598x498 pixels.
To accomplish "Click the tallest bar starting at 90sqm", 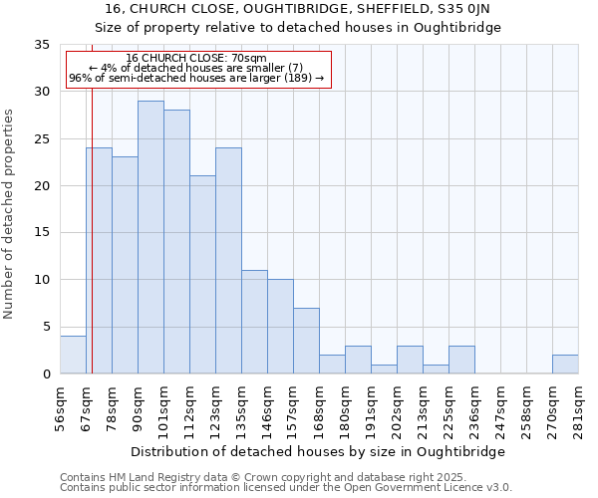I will pyautogui.click(x=150, y=237).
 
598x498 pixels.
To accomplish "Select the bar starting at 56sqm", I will pyautogui.click(x=73, y=355).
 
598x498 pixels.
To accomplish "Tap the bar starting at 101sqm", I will pyautogui.click(x=176, y=242).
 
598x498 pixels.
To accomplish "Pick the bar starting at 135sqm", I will pyautogui.click(x=254, y=322).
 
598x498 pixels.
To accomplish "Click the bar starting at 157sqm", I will pyautogui.click(x=306, y=341).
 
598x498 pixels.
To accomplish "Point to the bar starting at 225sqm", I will pyautogui.click(x=461, y=360).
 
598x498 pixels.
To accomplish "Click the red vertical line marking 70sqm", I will pyautogui.click(x=91, y=219).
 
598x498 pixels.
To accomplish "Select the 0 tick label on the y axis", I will pyautogui.click(x=45, y=373).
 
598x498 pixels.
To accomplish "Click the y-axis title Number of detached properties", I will pyautogui.click(x=10, y=214).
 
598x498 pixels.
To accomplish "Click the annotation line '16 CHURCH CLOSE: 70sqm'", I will pyautogui.click(x=196, y=59).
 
